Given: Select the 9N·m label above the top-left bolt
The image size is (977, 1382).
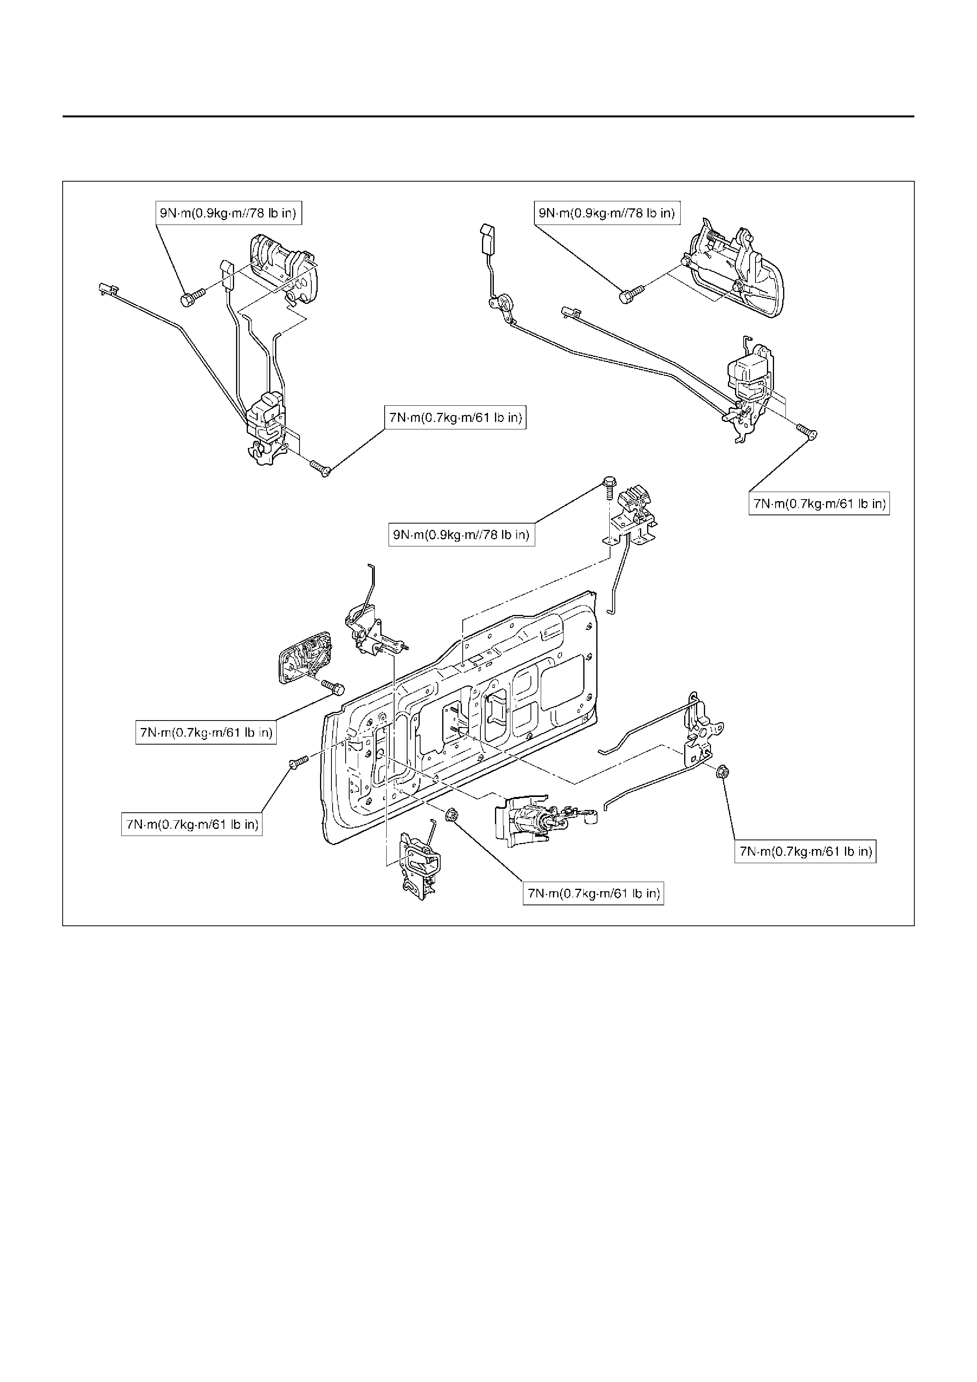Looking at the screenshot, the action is click(227, 213).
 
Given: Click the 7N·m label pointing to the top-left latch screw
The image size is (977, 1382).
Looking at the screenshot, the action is click(454, 418).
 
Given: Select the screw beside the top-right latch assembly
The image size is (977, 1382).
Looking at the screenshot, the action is click(807, 431).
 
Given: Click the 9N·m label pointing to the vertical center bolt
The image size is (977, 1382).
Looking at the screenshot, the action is click(461, 535).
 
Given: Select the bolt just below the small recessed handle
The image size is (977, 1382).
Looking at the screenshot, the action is click(332, 686).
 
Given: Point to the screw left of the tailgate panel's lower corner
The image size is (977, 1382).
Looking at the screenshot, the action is click(299, 762).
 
